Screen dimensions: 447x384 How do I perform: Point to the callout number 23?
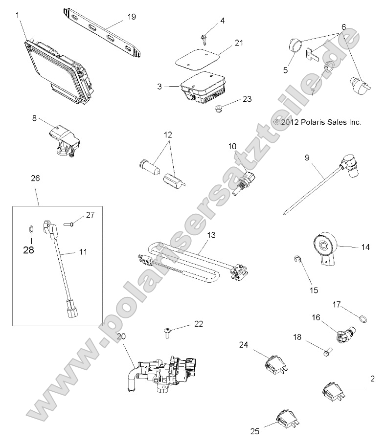point(247,99)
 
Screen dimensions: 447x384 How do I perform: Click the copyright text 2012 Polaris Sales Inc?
point(317,122)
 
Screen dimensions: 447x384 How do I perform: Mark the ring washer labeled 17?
point(362,319)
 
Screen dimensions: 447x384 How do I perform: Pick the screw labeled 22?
point(167,334)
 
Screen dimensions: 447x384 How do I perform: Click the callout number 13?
point(211,235)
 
